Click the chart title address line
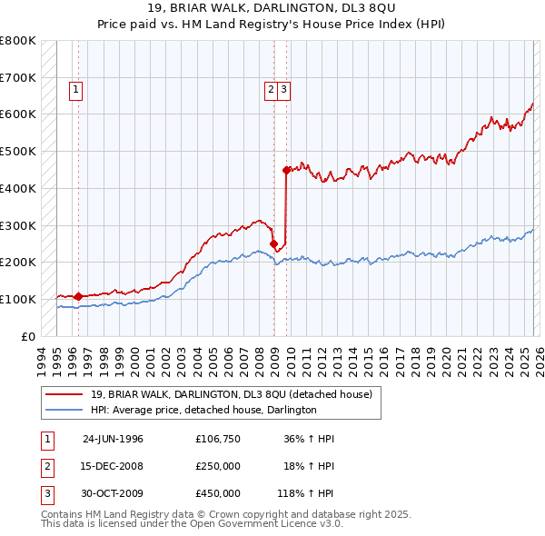coord(272,8)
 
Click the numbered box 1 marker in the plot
coord(74,89)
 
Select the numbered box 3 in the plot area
coord(284,89)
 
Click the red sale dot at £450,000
coord(286,169)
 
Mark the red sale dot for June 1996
coord(78,295)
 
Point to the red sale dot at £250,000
coord(273,243)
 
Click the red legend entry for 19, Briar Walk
coord(232,394)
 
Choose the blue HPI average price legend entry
coord(203,411)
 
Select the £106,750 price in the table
coord(217,439)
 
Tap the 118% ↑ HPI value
coord(306,493)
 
